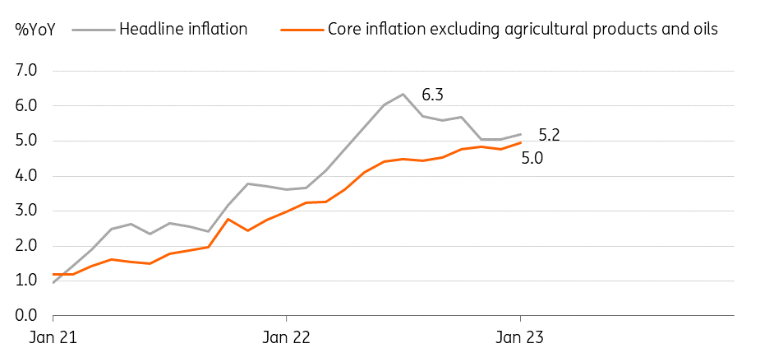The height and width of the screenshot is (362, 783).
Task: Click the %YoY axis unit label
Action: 35,30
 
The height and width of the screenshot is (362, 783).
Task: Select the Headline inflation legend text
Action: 183,30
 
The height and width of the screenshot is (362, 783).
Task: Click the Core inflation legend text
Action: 523,30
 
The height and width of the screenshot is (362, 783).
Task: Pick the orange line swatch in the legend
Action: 300,30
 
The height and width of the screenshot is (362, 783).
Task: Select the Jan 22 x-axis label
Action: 286,337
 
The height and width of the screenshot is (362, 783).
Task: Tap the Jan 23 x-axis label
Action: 519,337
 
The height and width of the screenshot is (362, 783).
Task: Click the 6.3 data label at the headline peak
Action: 433,95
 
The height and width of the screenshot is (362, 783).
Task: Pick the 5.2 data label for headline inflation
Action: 550,134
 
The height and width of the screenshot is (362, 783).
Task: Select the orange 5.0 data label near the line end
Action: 533,156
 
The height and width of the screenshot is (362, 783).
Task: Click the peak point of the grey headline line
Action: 403,94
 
